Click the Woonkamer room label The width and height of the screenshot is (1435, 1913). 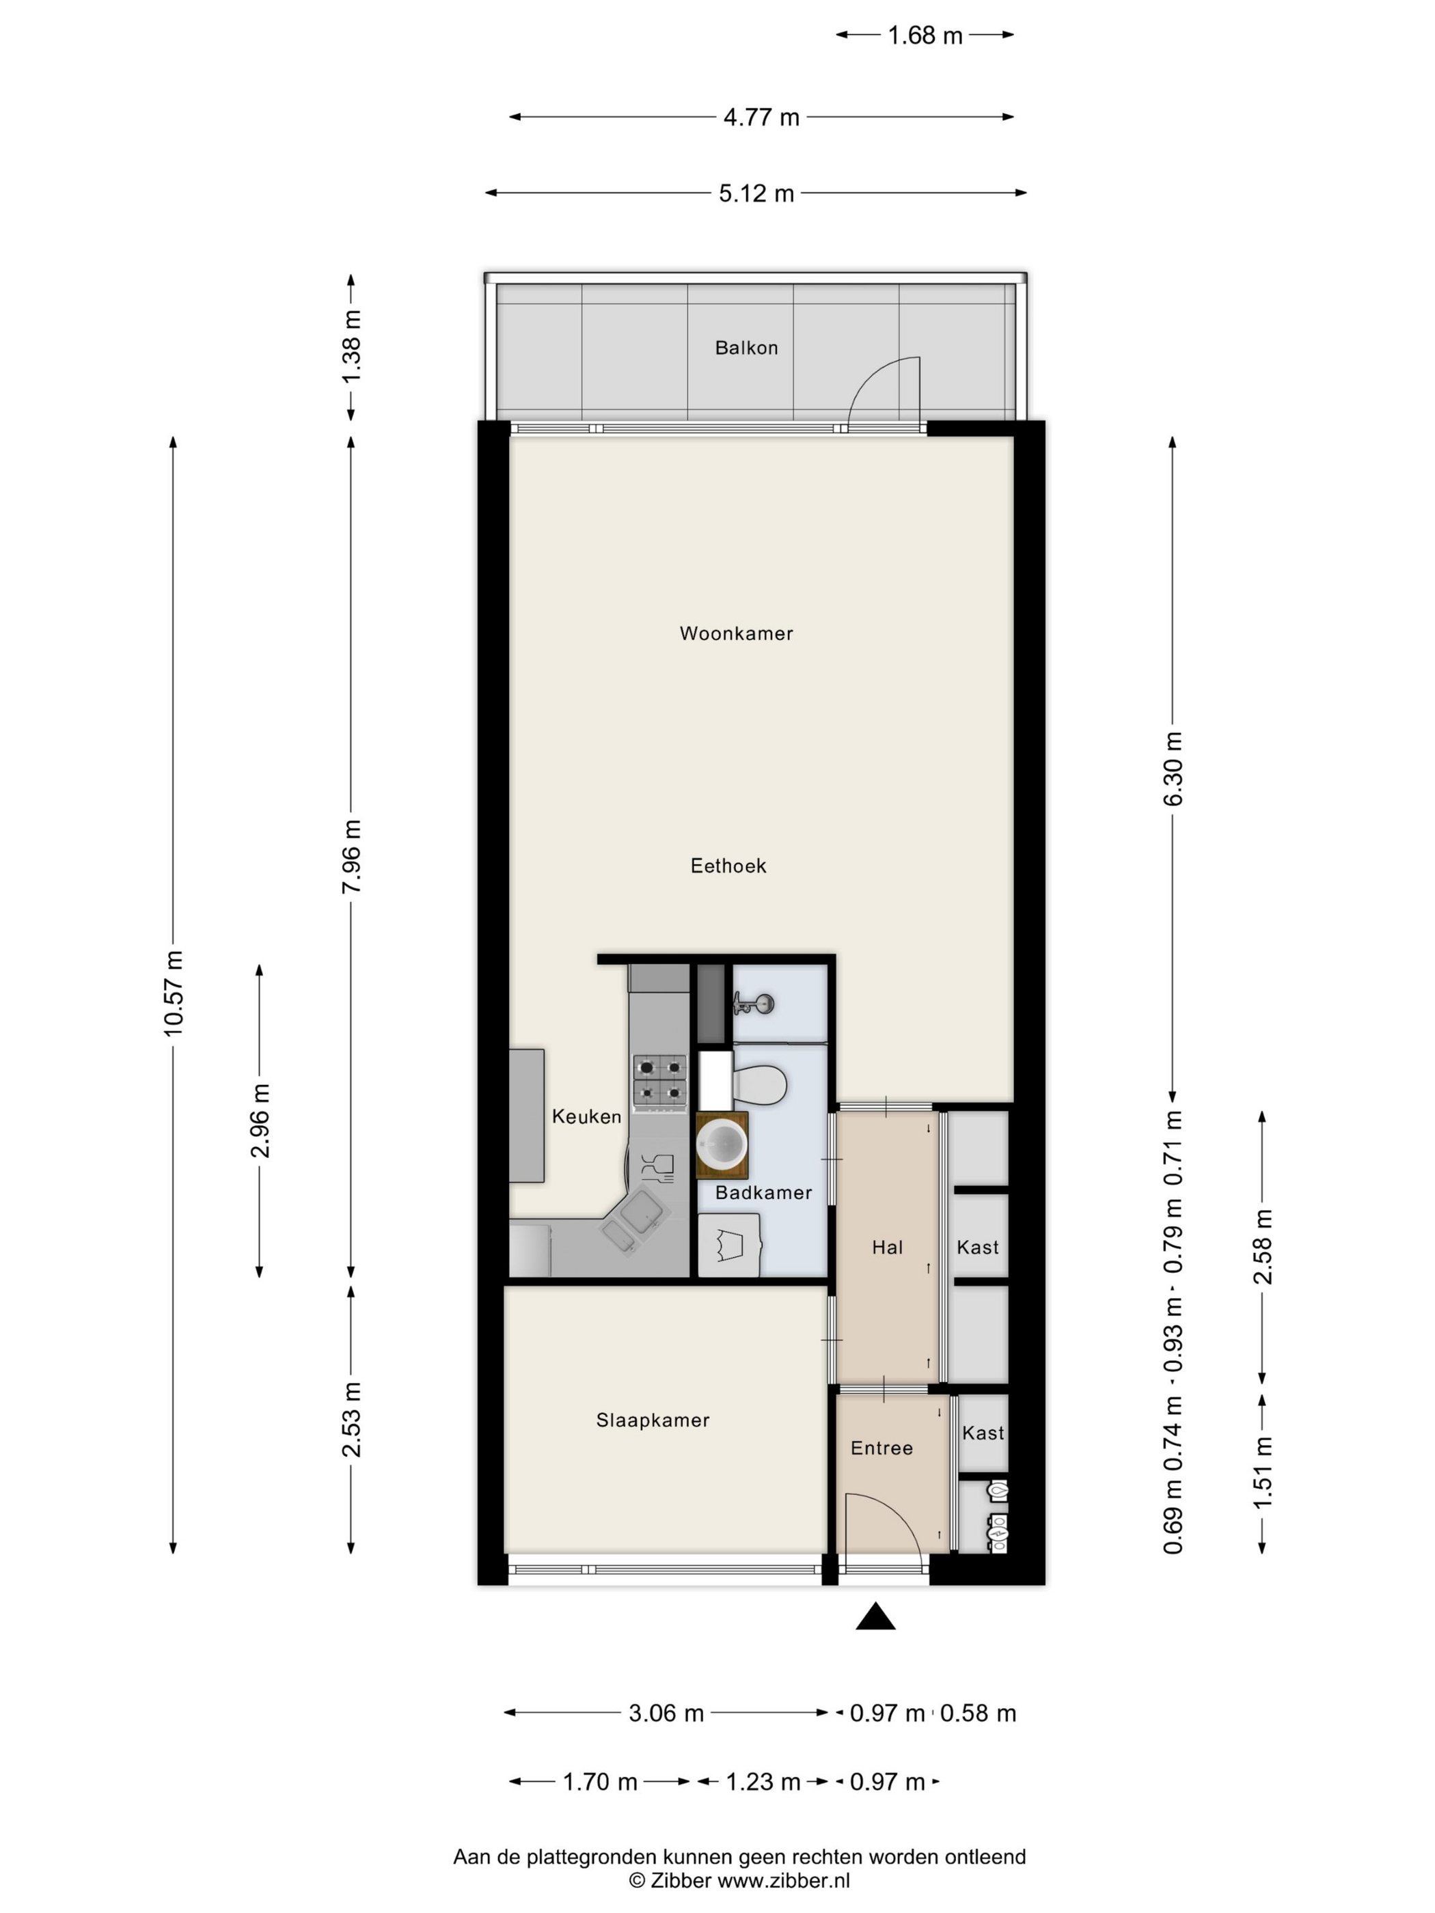736,633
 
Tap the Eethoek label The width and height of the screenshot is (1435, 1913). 728,866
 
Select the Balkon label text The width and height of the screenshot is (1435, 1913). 746,348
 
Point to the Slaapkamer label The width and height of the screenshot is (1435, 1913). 653,1420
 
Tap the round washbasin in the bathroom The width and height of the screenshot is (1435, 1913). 722,1144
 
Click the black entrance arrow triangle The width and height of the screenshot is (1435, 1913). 875,1616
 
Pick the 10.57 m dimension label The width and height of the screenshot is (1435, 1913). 174,993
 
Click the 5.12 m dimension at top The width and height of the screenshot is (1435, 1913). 756,193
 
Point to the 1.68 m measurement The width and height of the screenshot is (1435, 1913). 925,36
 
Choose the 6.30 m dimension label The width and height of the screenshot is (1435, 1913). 1173,768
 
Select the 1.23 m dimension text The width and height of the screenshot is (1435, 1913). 762,1783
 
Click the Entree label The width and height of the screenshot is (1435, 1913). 881,1448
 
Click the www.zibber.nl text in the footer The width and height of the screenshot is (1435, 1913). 784,1881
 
